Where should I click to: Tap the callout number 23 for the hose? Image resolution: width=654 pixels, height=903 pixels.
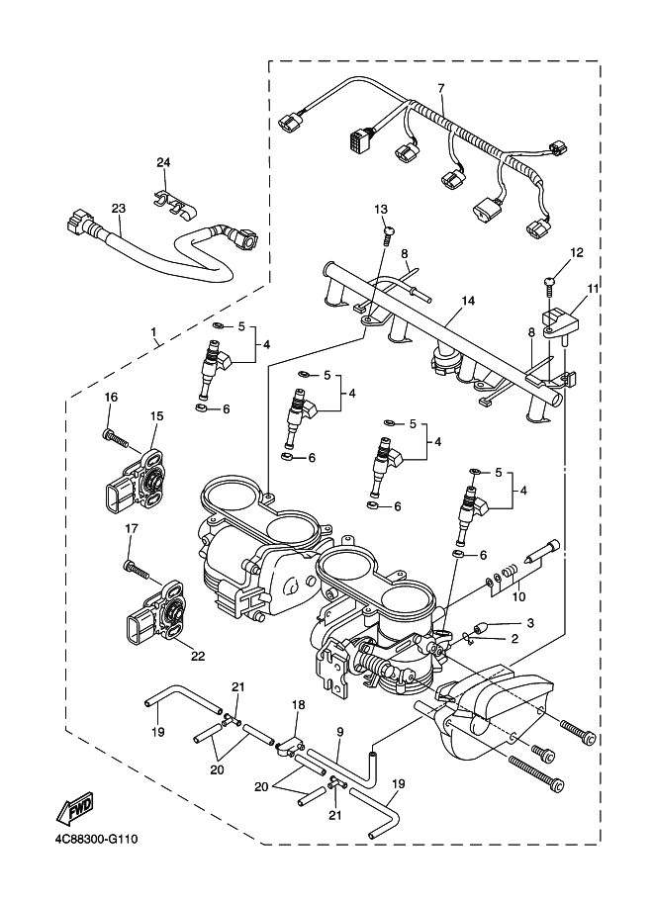(119, 209)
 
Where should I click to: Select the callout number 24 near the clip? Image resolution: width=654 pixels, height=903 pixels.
(163, 161)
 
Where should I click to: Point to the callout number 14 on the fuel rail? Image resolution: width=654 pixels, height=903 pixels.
(468, 299)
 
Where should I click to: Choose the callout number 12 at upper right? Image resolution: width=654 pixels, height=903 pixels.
(576, 252)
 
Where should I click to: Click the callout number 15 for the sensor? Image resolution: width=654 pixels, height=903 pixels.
(156, 416)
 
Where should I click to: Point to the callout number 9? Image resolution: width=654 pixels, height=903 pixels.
(338, 732)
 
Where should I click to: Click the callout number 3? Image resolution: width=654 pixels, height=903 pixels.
(530, 622)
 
